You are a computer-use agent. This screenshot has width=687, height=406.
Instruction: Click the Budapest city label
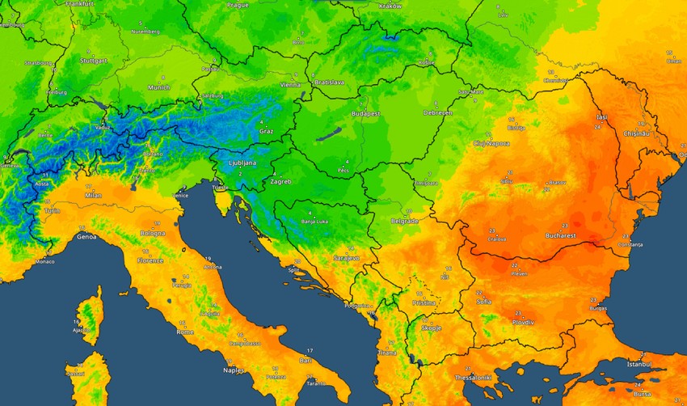[365, 114]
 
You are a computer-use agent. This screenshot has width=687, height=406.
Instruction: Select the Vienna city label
[289, 84]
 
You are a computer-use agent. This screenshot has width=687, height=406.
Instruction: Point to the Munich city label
[158, 87]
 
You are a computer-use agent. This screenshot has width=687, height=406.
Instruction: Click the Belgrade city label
[404, 220]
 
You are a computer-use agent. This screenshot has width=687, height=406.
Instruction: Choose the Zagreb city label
[280, 181]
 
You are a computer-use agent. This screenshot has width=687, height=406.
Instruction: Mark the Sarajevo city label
[347, 257]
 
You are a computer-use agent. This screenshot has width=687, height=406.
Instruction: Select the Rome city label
[185, 332]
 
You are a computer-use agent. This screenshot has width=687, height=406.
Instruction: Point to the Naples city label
[234, 370]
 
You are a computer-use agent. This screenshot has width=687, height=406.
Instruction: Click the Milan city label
[93, 195]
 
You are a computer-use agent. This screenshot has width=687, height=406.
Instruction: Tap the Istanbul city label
[644, 365]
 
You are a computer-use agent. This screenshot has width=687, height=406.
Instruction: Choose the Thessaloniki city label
[475, 377]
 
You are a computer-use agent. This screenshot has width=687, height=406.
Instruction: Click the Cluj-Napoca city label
[491, 143]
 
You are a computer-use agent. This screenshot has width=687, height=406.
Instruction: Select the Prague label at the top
[238, 5]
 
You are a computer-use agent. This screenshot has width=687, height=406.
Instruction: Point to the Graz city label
[266, 130]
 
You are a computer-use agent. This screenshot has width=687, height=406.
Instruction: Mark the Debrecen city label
[437, 113]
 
